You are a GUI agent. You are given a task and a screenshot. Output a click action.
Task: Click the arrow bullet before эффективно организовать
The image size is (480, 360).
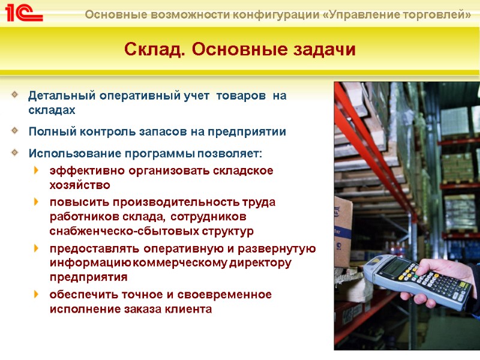tap(37, 170)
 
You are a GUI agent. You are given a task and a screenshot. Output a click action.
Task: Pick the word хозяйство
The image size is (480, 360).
tap(80, 185)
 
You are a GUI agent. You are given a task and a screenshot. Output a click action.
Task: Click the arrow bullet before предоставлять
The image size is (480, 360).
tap(37, 248)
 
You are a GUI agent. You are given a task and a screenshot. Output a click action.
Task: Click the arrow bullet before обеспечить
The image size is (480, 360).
tap(37, 294)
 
